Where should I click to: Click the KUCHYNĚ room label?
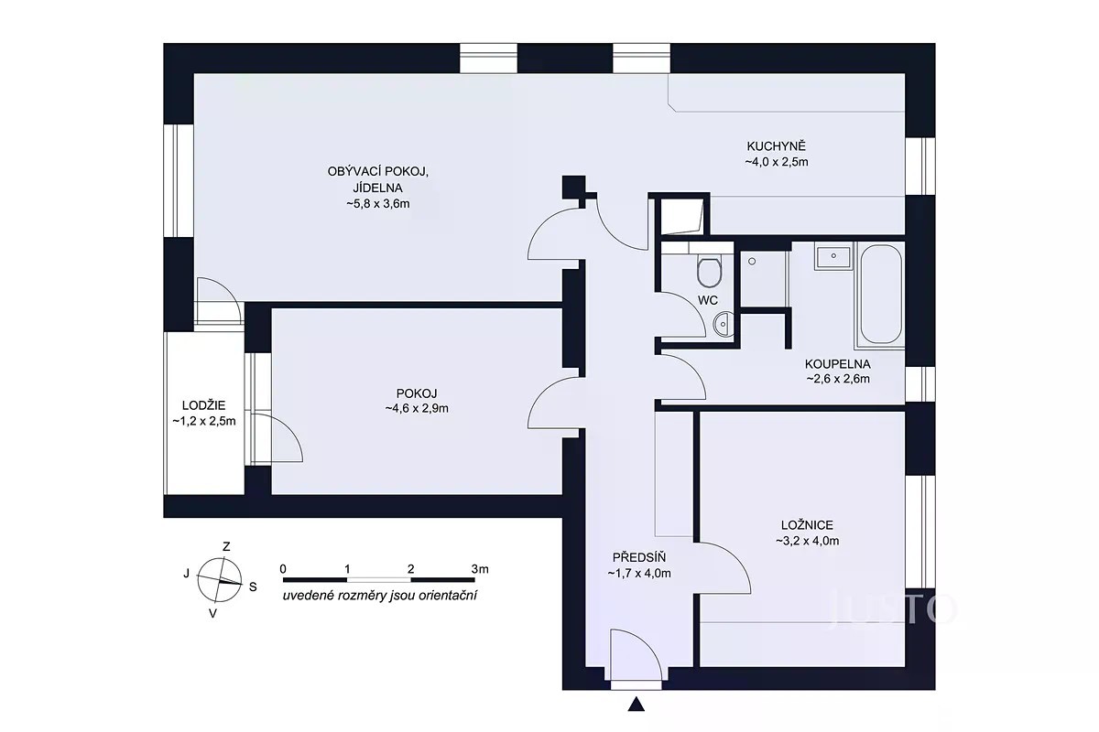pos(777,145)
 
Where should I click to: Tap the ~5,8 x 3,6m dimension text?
pos(377,203)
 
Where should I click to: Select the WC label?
pos(707,300)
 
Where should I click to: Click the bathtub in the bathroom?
pos(881,295)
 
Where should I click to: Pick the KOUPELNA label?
pos(837,364)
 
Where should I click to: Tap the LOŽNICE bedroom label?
pos(807,525)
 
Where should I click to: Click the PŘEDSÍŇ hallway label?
pos(639,557)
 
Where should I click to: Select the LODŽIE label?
pos(203,405)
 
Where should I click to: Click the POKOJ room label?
pos(417,393)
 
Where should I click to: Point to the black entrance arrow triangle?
pos(637,704)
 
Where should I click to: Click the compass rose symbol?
pos(219,580)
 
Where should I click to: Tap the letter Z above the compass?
pos(226,546)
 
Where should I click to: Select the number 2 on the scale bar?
pos(410,569)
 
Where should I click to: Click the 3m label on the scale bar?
pos(480,569)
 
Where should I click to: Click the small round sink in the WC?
pos(724,324)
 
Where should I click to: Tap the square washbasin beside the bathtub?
pos(833,257)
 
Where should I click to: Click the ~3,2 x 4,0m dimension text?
pos(807,541)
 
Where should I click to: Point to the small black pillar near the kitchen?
pos(573,187)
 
